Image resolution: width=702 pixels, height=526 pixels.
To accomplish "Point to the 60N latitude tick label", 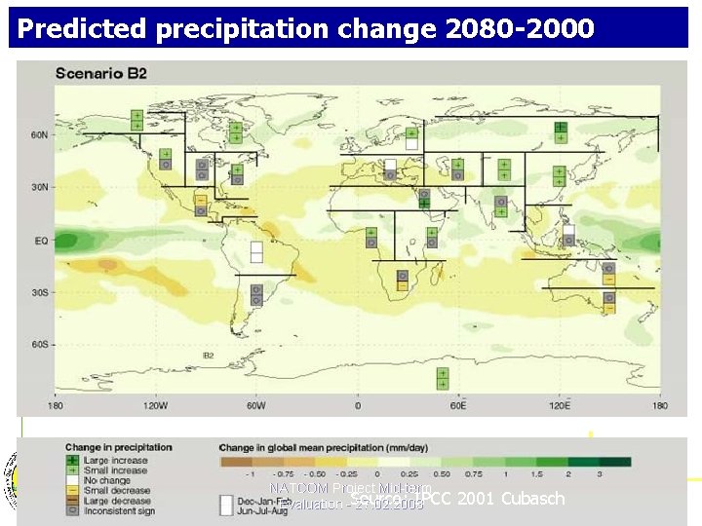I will pyautogui.click(x=38, y=134).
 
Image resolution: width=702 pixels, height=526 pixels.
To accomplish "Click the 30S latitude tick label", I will pyautogui.click(x=38, y=292).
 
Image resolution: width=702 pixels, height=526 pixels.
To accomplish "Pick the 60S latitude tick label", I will pyautogui.click(x=38, y=344).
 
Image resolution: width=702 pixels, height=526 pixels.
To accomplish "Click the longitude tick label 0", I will pyautogui.click(x=358, y=405).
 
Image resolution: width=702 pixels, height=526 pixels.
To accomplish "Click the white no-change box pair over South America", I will pyautogui.click(x=256, y=251).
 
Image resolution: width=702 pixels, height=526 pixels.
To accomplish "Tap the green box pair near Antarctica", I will pyautogui.click(x=443, y=378).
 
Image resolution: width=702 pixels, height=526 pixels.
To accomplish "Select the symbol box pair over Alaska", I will pyautogui.click(x=136, y=120).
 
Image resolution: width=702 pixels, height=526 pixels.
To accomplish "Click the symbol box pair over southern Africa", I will pyautogui.click(x=402, y=280).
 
